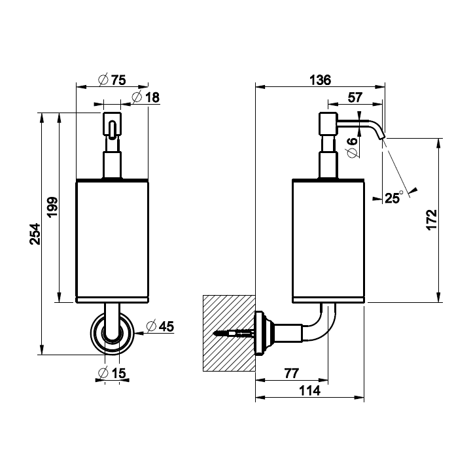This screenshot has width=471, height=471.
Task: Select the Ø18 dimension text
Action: [145, 97]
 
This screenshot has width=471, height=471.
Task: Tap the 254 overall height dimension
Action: [35, 234]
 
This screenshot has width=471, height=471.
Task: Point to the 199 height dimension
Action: [54, 207]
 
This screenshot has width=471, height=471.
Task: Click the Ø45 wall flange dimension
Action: [160, 326]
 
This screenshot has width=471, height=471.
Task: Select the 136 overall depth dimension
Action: [319, 80]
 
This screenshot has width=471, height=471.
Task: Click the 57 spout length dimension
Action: [355, 97]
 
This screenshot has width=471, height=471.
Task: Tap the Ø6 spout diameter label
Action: [351, 147]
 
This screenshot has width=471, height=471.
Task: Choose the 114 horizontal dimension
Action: [309, 391]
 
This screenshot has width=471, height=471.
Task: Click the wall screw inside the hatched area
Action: [234, 334]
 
